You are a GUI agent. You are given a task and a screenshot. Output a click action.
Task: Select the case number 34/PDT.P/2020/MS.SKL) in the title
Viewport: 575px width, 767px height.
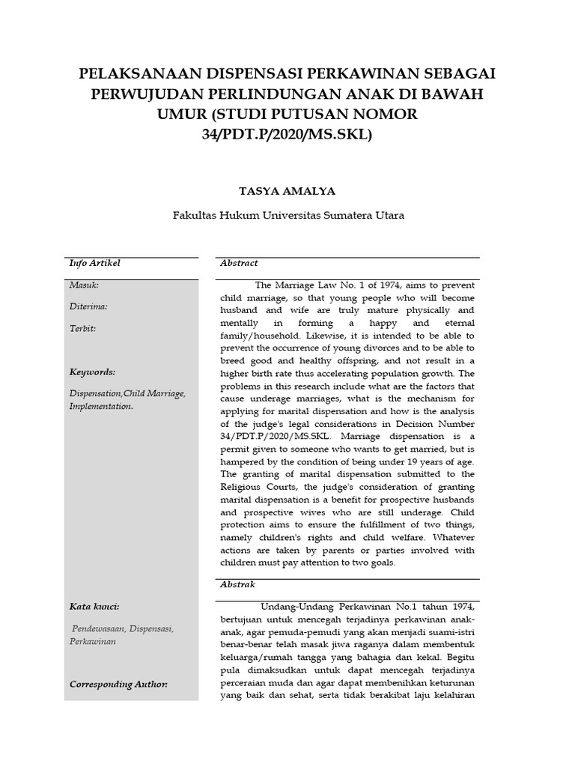pyautogui.click(x=287, y=135)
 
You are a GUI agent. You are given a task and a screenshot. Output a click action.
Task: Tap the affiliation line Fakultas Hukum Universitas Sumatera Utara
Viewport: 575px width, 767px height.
pyautogui.click(x=288, y=215)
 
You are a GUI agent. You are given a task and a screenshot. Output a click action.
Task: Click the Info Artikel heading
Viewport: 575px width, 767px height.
pyautogui.click(x=95, y=264)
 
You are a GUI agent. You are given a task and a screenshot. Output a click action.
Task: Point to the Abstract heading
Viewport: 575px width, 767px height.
pyautogui.click(x=239, y=264)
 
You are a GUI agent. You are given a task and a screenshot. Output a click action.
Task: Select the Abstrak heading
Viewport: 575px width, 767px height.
pyautogui.click(x=238, y=583)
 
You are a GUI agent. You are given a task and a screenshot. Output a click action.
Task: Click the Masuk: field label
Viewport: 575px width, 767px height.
pyautogui.click(x=84, y=285)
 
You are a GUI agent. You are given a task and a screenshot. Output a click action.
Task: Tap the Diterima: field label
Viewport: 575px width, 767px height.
pyautogui.click(x=88, y=306)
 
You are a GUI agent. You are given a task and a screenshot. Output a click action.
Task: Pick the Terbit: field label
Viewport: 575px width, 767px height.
pyautogui.click(x=82, y=328)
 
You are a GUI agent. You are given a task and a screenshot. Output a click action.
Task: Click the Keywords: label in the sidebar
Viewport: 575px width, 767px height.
pyautogui.click(x=92, y=372)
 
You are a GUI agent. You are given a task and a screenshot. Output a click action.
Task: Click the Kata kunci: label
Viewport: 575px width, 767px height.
pyautogui.click(x=94, y=607)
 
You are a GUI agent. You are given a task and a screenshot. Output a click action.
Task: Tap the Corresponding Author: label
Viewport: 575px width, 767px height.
pyautogui.click(x=118, y=685)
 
